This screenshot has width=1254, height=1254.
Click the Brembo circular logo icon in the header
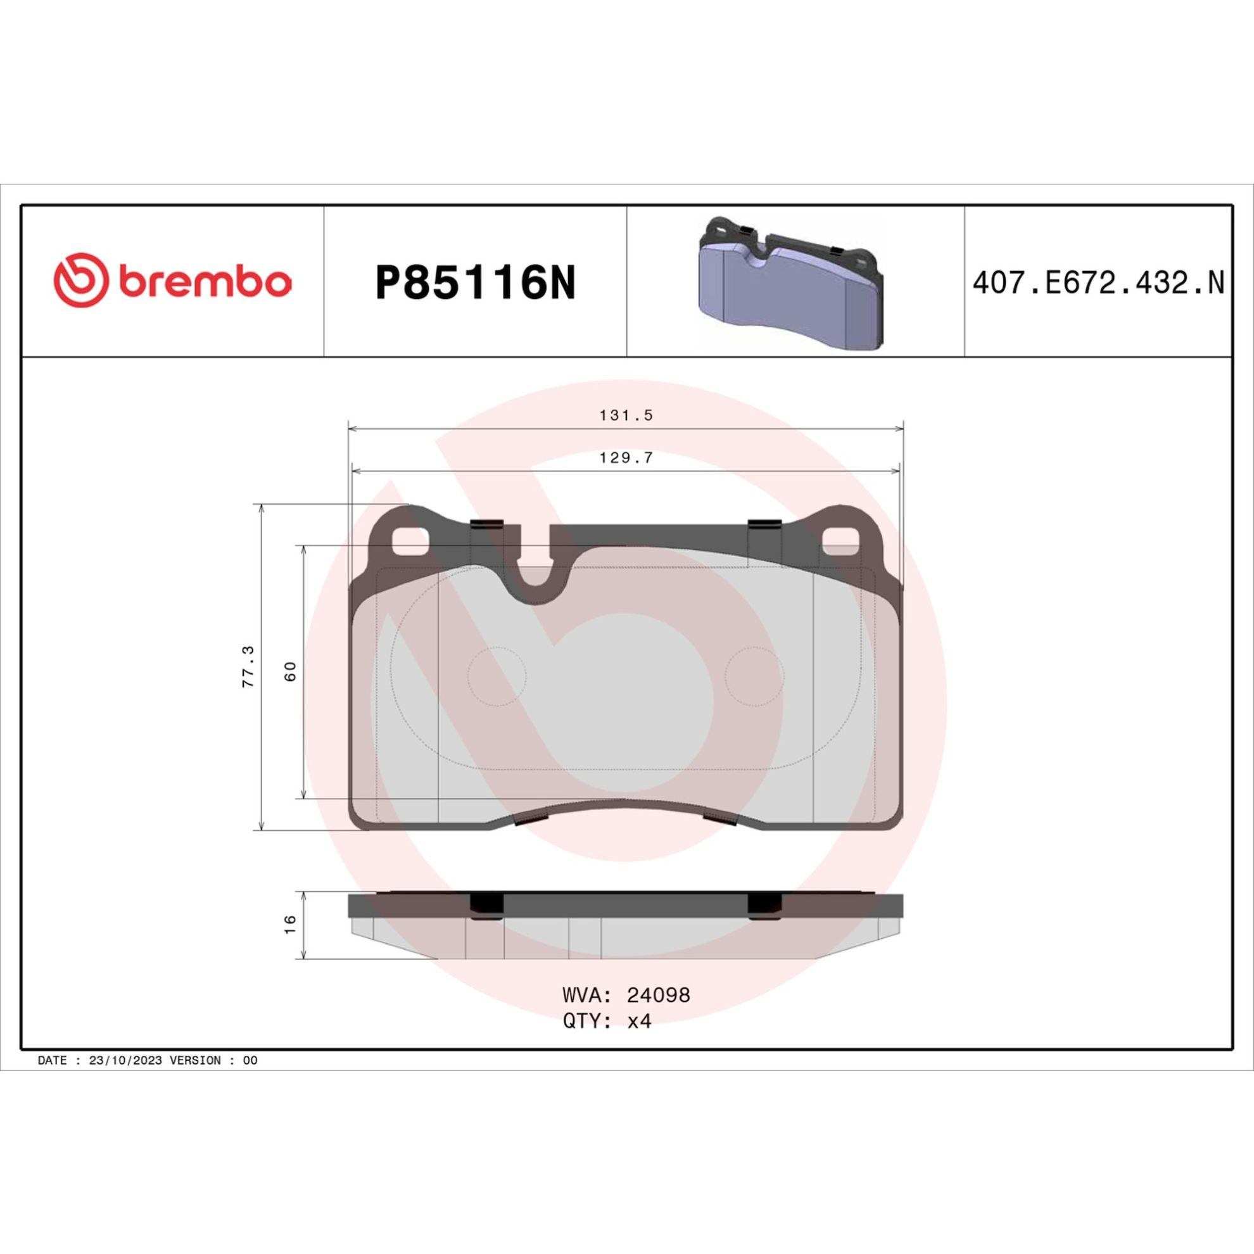click(x=80, y=280)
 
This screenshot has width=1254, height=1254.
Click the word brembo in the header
click(x=205, y=282)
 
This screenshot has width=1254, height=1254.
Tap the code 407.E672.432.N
click(x=1098, y=284)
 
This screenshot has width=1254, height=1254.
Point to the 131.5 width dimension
click(x=626, y=415)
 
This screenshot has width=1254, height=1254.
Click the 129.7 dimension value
click(x=626, y=458)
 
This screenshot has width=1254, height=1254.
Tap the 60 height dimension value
click(x=290, y=671)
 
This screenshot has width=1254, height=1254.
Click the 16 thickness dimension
click(x=290, y=923)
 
